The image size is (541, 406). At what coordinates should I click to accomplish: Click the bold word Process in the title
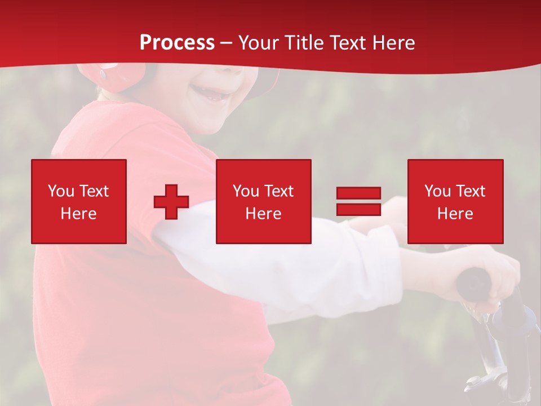click(x=177, y=43)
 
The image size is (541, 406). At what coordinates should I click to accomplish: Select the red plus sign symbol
click(x=171, y=201)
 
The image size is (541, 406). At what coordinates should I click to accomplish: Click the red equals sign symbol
click(x=358, y=201)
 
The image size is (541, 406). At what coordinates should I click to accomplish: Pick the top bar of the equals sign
click(x=358, y=193)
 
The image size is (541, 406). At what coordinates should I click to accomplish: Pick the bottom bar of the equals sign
click(x=358, y=209)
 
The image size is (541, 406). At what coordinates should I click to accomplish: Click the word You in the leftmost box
click(x=60, y=191)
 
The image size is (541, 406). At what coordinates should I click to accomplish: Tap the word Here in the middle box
click(x=263, y=214)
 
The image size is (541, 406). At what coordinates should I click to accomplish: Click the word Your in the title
click(x=259, y=43)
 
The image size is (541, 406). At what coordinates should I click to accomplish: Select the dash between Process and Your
click(x=226, y=43)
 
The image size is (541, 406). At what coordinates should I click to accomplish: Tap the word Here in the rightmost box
click(x=455, y=214)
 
